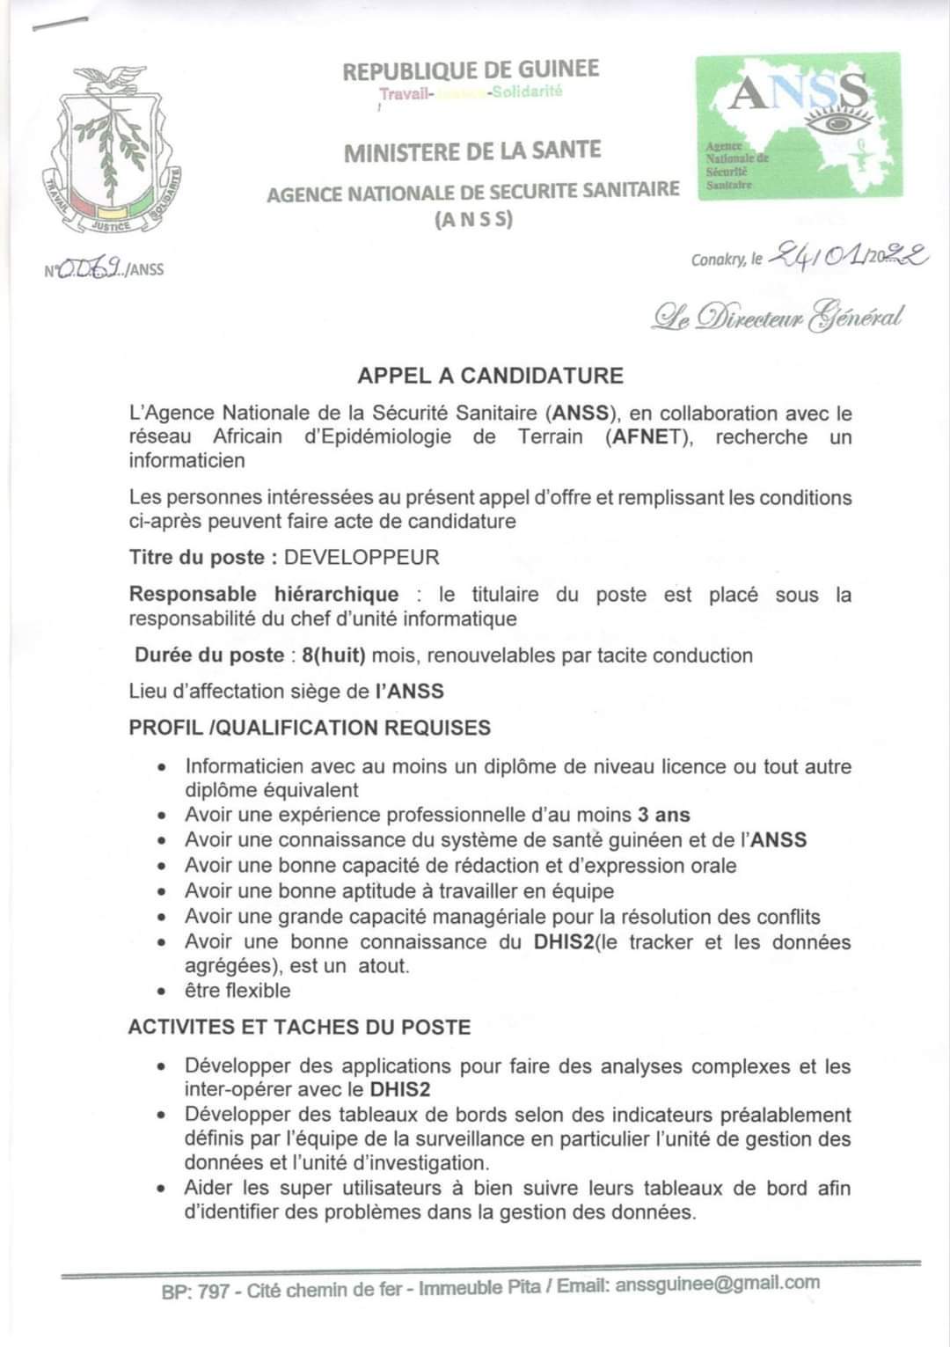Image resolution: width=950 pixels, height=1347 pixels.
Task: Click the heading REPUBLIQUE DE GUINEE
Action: pos(471,70)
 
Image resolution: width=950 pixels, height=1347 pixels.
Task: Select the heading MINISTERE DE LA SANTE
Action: pos(472,151)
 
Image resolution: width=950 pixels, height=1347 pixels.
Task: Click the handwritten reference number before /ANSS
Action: pos(91,267)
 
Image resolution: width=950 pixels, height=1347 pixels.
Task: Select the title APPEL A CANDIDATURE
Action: pos(490,376)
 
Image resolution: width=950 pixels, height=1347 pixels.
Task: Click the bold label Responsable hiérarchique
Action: pos(263,595)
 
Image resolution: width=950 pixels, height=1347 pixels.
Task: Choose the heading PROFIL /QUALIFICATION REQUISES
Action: pos(310,728)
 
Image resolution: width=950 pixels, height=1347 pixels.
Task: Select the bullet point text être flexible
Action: pos(237,991)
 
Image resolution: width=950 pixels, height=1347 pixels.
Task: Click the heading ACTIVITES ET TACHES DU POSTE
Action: pos(299,1027)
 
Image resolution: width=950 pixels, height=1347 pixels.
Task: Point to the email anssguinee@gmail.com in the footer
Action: pos(717,1284)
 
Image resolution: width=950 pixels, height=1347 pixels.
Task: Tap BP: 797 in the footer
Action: pos(195,1292)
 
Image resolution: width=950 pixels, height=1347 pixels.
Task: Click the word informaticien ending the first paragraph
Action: pos(186,460)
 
